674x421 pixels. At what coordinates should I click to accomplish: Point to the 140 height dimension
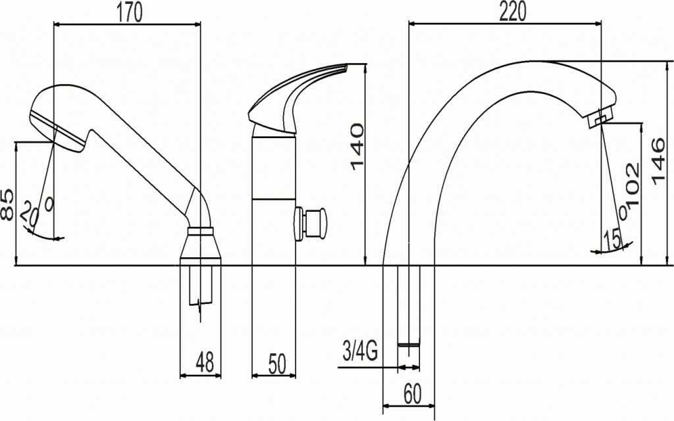(356, 147)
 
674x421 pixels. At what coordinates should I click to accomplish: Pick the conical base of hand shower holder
(200, 247)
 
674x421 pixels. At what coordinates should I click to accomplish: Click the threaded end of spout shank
(409, 344)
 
